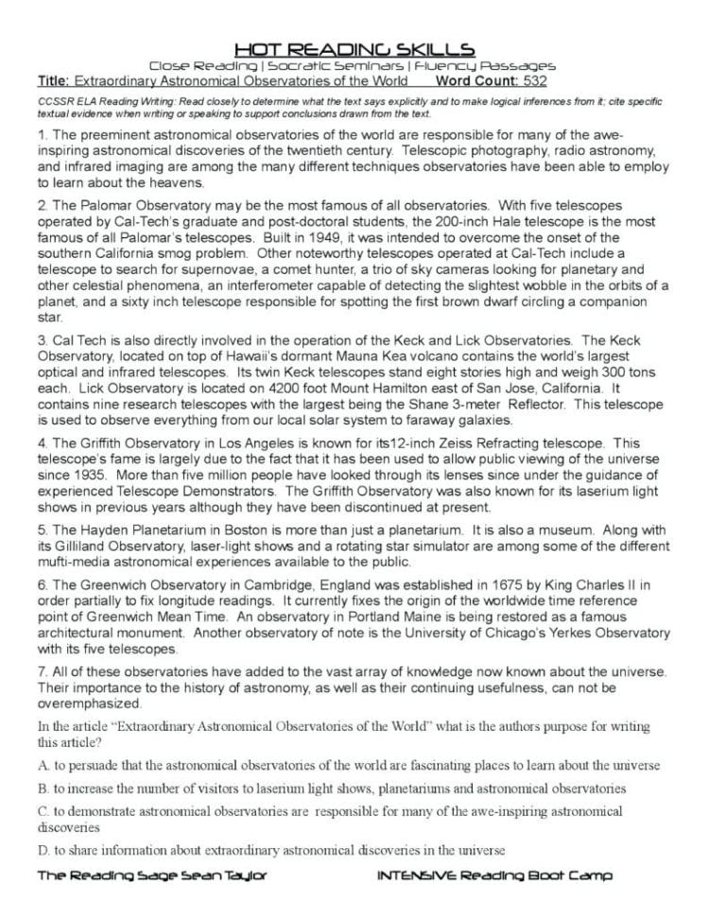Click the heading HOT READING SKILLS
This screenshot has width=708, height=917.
pyautogui.click(x=354, y=48)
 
